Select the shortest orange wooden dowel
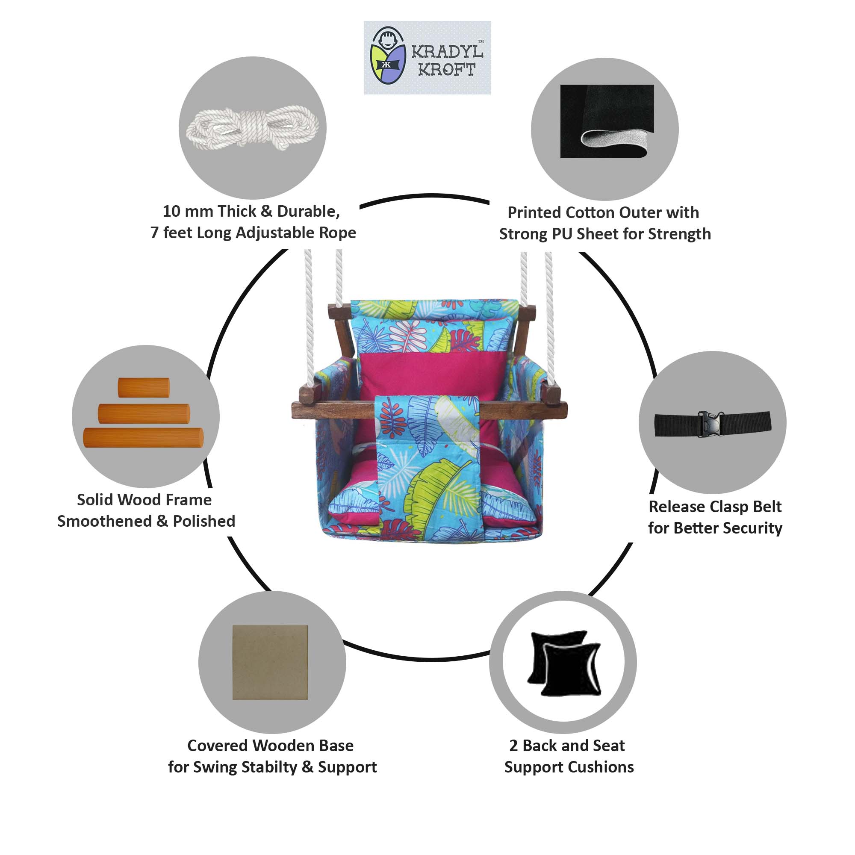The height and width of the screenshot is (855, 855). point(144,387)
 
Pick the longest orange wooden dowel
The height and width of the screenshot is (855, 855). point(143,437)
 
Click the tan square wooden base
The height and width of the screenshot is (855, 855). point(270,662)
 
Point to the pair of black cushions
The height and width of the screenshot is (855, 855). point(564,663)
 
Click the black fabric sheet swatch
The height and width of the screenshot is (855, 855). point(607,121)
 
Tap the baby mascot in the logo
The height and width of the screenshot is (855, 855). point(388,56)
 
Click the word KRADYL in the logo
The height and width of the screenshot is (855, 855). point(447,52)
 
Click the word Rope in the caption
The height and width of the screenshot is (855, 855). point(338,233)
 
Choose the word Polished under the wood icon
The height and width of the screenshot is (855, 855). point(204,521)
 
